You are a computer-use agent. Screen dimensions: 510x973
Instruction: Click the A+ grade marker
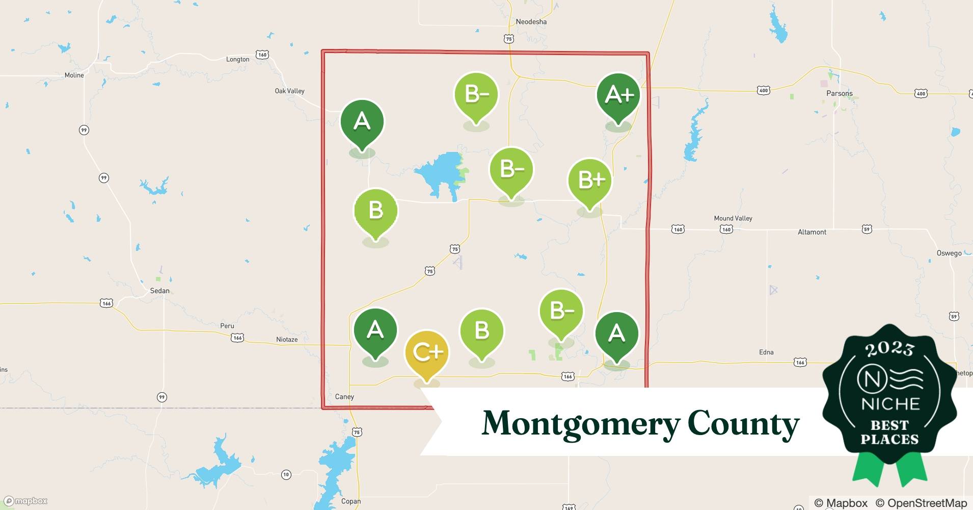pos(618,95)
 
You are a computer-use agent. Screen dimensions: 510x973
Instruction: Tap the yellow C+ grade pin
pos(426,352)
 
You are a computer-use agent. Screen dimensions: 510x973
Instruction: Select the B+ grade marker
pos(590,180)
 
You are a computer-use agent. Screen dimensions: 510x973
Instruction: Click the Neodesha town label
pos(531,22)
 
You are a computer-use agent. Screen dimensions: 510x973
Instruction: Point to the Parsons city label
pos(839,93)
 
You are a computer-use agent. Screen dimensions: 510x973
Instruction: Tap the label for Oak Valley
pos(289,91)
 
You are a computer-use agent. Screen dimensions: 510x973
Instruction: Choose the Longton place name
pos(237,59)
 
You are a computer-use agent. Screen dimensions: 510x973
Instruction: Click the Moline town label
pos(74,75)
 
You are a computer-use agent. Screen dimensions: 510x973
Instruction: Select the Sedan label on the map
pos(159,291)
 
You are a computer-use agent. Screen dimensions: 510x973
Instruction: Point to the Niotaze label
pos(286,340)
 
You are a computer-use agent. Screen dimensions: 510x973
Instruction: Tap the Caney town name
pos(344,397)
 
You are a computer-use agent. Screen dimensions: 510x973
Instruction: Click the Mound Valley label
pos(733,218)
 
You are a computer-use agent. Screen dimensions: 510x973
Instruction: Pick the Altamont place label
pos(812,232)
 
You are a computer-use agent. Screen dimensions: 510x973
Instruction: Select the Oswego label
pos(949,253)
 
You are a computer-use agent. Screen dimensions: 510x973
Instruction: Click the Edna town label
pos(766,352)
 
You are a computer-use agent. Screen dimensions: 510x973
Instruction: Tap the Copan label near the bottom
pos(350,501)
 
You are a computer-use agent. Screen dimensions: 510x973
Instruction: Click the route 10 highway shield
pos(286,475)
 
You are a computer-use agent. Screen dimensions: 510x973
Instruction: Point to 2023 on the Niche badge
pos(889,349)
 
